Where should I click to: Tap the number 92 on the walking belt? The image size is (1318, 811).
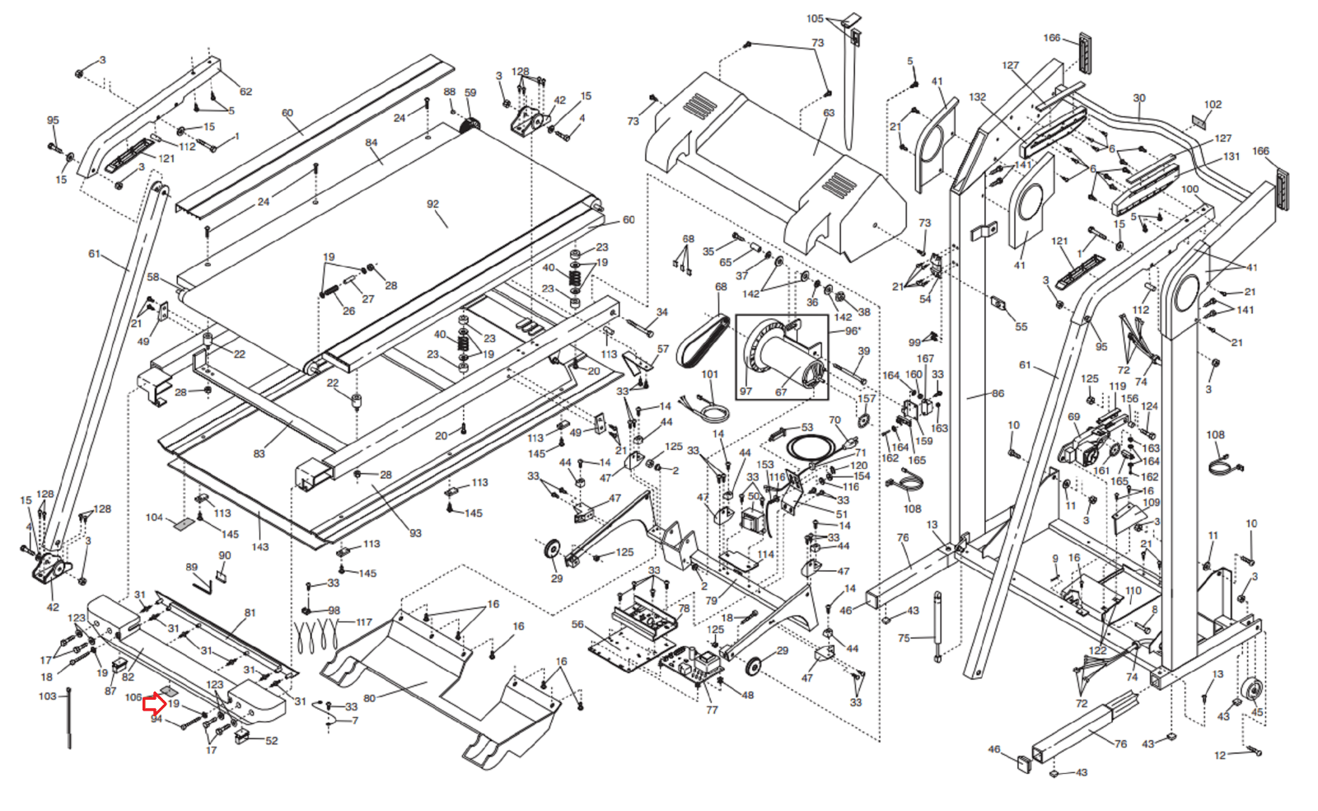[433, 204]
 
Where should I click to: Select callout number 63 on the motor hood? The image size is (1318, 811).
[829, 113]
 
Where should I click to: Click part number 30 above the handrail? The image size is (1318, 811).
[1139, 98]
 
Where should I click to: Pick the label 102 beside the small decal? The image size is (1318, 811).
[1213, 105]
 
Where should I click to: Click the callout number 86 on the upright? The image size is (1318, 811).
[998, 393]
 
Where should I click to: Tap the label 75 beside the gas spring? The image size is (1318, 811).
[904, 638]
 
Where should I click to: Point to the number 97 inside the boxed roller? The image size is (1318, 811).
[745, 391]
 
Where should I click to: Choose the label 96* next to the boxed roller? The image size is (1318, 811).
[853, 330]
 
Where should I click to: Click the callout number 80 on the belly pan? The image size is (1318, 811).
[369, 698]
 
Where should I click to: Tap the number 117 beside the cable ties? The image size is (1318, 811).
[364, 622]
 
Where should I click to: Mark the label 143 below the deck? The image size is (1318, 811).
[260, 546]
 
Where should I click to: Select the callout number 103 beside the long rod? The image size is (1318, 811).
[48, 696]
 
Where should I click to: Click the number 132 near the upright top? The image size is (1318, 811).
[978, 97]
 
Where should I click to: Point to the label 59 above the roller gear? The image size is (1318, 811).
[470, 93]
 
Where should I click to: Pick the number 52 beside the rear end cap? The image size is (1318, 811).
[272, 740]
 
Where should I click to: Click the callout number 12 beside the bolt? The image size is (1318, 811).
[1220, 755]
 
